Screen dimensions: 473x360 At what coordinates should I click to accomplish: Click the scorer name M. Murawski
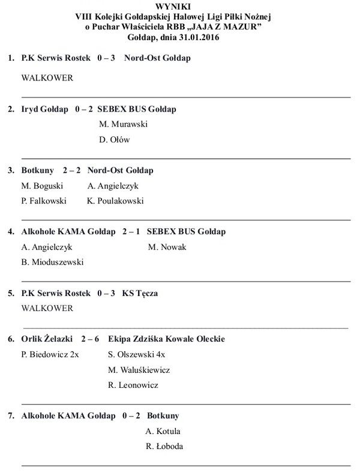pyautogui.click(x=123, y=124)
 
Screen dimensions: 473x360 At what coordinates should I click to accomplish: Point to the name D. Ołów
pyautogui.click(x=114, y=140)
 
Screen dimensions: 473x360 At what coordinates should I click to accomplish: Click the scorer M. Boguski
pyautogui.click(x=42, y=186)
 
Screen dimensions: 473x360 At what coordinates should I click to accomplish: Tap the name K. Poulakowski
pyautogui.click(x=115, y=201)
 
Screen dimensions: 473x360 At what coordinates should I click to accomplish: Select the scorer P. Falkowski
pyautogui.click(x=44, y=201)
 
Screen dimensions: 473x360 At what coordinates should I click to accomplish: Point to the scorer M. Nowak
pyautogui.click(x=167, y=247)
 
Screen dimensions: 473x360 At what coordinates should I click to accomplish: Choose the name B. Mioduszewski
pyautogui.click(x=52, y=262)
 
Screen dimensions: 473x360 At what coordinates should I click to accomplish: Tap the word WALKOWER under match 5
pyautogui.click(x=47, y=309)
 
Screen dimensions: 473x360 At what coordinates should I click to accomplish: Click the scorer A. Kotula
pyautogui.click(x=163, y=431)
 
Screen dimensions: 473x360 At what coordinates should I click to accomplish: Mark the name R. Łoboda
pyautogui.click(x=164, y=446)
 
